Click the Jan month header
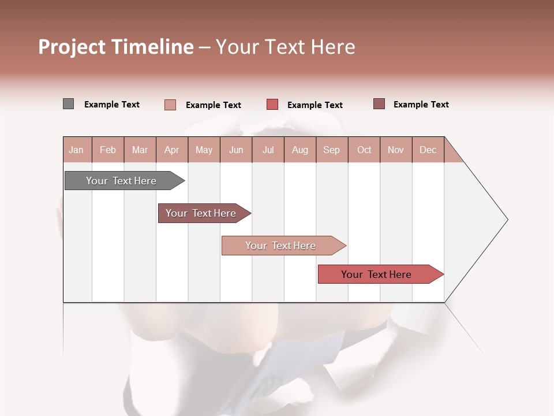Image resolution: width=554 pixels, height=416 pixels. tap(76, 150)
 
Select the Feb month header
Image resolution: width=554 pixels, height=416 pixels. tap(108, 150)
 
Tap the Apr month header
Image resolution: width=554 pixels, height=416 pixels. tap(171, 150)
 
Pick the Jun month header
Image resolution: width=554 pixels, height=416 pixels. tap(236, 150)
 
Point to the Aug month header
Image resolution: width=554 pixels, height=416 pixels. tap(300, 150)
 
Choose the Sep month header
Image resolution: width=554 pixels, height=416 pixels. tap(331, 150)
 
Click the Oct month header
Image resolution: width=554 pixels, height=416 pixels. tap(364, 150)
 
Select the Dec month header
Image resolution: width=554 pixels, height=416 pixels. tap(428, 150)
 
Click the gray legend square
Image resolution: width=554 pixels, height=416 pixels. tap(68, 104)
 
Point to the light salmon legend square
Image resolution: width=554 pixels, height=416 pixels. tap(170, 105)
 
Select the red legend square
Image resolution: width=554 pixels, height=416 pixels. tap(272, 105)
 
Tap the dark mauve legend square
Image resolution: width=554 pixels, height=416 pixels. tap(379, 104)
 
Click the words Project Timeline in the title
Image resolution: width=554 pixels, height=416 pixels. tap(115, 47)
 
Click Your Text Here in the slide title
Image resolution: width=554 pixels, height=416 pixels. tap(285, 47)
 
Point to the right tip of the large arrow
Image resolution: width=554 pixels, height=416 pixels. tap(507, 220)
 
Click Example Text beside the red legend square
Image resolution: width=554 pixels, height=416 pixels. tap(315, 105)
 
